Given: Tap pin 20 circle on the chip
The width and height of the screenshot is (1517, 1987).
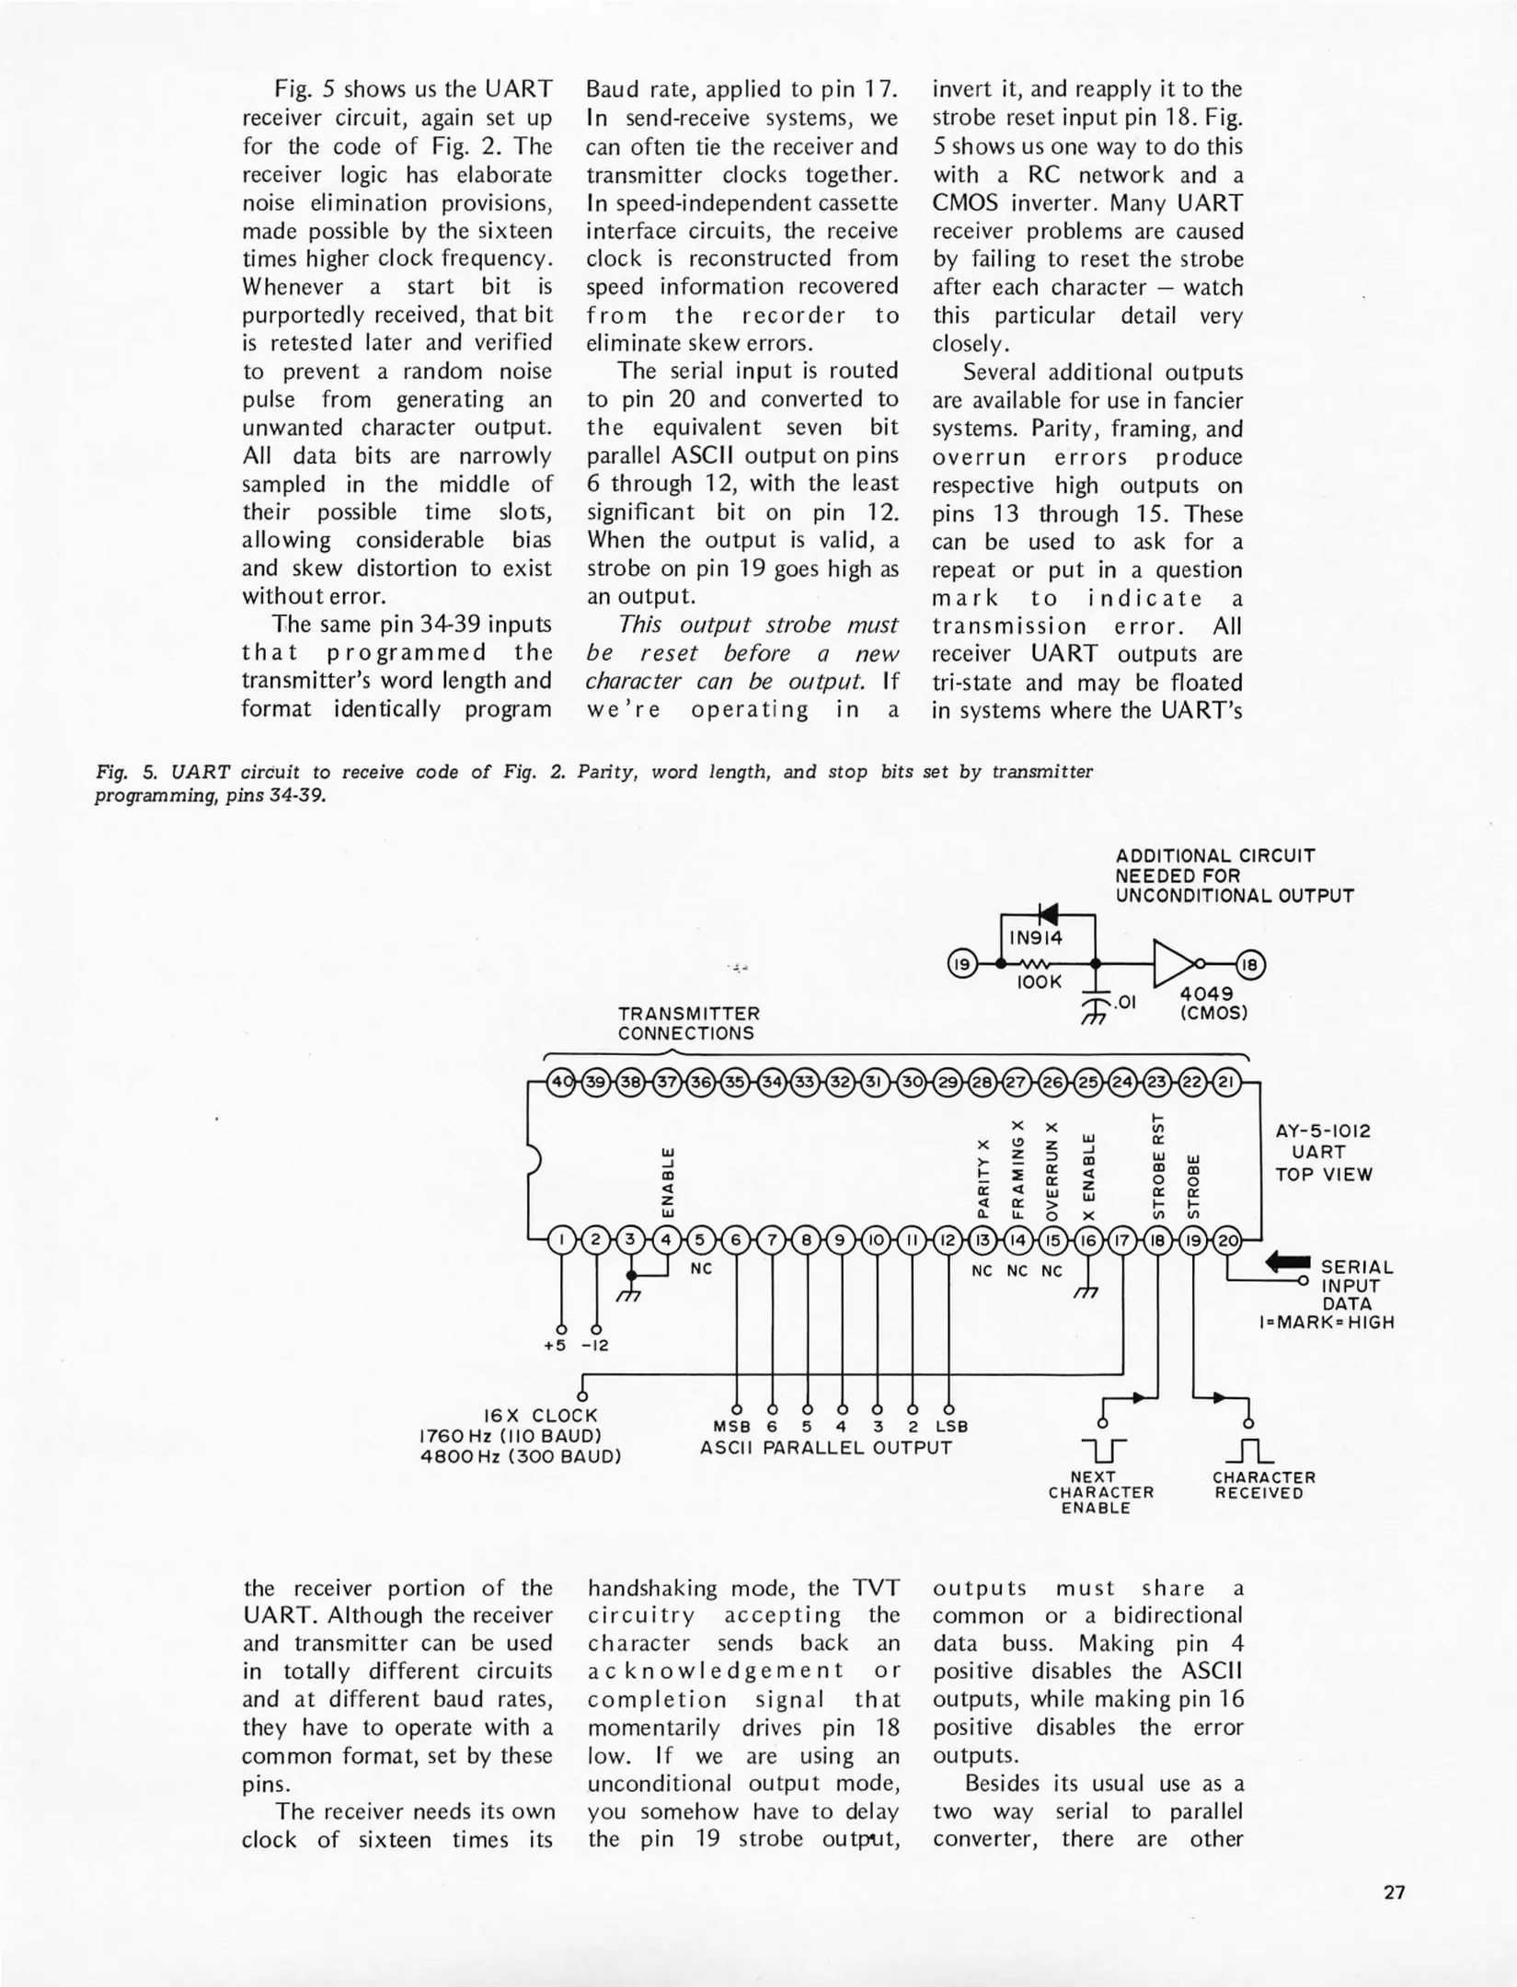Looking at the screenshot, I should [1227, 1240].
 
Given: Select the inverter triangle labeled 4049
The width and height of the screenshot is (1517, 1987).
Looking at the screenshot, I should [1174, 963].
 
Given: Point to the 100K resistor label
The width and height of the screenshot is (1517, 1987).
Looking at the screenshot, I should [1040, 982].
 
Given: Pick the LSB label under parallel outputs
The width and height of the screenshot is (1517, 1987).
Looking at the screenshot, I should [951, 1427].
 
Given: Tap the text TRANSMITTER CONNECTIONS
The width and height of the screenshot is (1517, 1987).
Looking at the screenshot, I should [688, 1023].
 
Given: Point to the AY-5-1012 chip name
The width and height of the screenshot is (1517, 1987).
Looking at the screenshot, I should [1323, 1131].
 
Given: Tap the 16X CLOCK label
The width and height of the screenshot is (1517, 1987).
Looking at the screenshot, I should [540, 1415].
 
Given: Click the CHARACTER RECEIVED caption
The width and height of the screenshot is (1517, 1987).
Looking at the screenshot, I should [1263, 1485].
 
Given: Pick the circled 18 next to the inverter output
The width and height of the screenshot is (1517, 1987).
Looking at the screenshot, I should [1251, 964].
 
